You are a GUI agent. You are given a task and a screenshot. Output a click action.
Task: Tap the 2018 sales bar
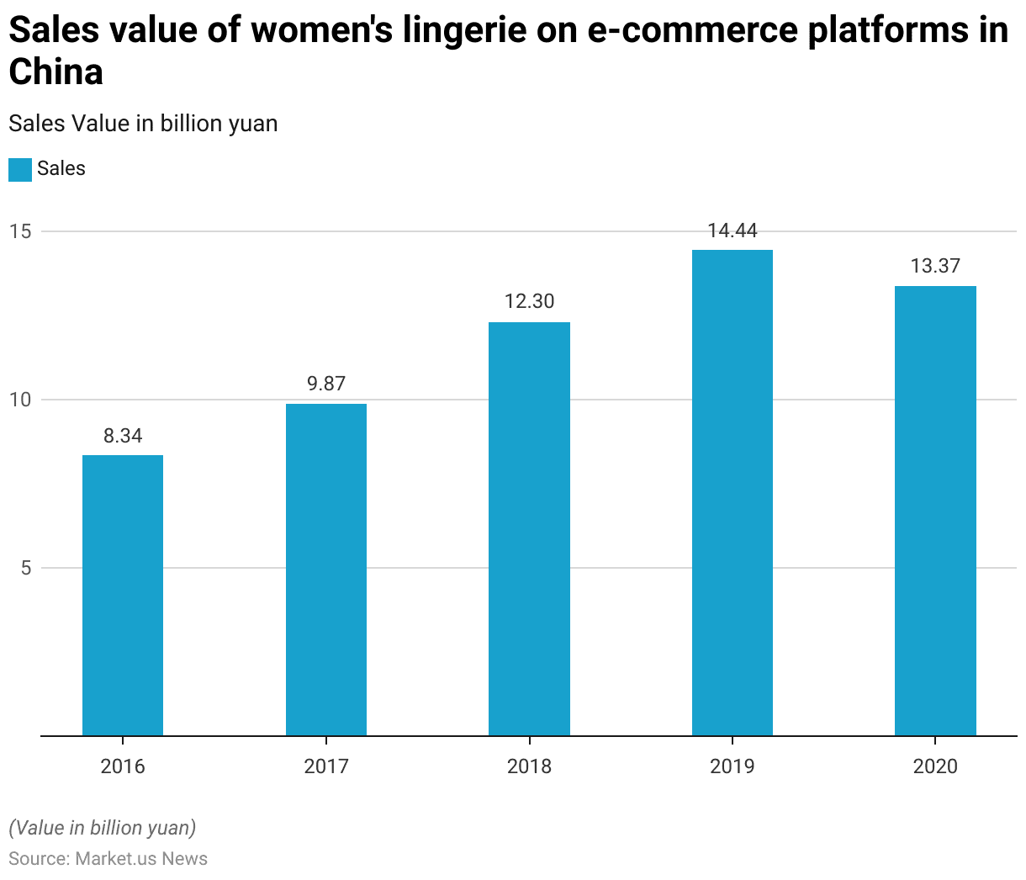pos(529,529)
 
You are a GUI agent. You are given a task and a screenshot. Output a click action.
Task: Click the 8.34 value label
pos(123,436)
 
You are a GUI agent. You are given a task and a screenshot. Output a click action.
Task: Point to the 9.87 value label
pos(326,384)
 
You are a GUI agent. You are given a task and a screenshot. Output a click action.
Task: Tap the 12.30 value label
pos(529,301)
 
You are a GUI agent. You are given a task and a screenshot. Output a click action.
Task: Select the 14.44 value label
pos(732,231)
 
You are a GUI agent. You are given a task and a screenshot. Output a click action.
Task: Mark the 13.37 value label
pos(935,266)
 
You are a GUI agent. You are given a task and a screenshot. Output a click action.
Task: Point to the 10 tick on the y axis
pos(20,400)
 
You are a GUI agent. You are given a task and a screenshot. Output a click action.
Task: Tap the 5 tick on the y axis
pos(25,568)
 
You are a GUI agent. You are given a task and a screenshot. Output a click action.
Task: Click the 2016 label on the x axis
pos(123,766)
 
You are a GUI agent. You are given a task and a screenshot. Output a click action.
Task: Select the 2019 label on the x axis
pos(732,766)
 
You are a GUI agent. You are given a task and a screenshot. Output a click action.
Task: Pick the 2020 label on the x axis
pos(935,766)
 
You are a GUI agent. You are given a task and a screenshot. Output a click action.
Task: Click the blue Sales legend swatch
pos(20,169)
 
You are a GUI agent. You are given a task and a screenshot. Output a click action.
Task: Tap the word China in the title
pos(56,72)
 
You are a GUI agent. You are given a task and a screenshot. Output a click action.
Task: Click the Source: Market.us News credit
pos(108,859)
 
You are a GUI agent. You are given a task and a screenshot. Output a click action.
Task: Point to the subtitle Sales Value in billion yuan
pos(143,124)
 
